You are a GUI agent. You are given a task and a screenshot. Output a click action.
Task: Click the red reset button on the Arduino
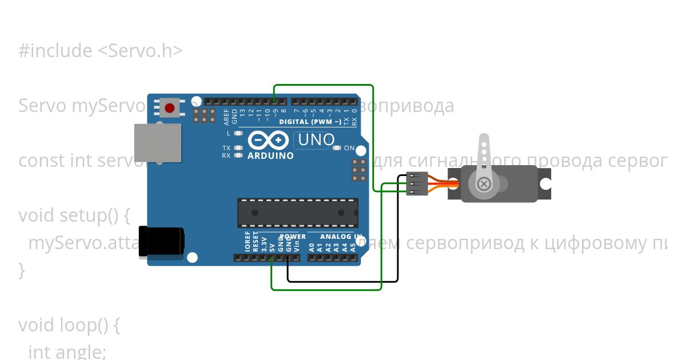coord(169,107)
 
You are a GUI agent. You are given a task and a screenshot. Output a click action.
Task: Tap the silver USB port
coord(157,143)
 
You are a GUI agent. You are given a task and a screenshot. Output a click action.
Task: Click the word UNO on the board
coord(314,139)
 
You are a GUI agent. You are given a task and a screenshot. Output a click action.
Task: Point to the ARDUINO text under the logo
coord(271,155)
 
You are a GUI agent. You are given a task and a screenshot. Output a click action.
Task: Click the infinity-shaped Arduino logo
coord(268,140)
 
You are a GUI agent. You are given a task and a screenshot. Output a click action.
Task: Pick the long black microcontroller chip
coord(298,213)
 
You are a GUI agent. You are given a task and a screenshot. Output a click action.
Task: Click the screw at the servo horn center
coord(484,183)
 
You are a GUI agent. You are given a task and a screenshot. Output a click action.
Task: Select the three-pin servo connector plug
coord(417,184)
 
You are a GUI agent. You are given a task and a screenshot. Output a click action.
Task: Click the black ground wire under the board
coord(343,281)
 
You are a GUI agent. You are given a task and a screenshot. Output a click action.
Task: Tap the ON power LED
coord(337,148)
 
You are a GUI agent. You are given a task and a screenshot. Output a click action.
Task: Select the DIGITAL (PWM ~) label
coord(310,122)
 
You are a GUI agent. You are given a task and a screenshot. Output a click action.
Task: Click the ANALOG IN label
coord(341,237)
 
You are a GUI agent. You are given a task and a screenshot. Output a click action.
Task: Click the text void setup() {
coord(75,215)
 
